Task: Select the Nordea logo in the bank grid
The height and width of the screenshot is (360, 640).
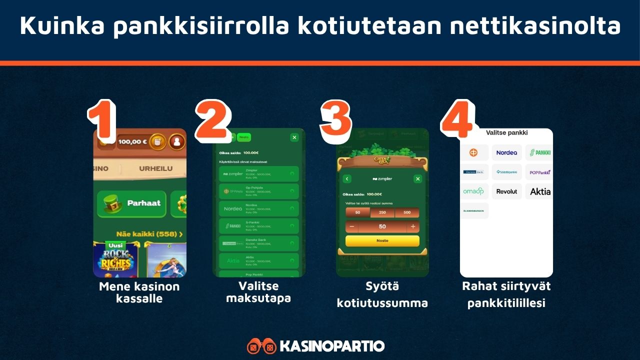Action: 506,152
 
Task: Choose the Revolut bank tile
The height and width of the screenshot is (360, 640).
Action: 506,191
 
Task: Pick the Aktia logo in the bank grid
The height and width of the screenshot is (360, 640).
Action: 539,191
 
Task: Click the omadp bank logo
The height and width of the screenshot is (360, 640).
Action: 473,191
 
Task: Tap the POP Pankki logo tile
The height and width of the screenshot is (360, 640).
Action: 539,172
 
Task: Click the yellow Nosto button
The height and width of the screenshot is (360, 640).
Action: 382,240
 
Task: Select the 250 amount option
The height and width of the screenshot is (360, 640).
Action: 382,212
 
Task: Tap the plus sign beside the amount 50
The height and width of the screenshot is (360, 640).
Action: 412,226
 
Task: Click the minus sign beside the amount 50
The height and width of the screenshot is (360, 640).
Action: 352,226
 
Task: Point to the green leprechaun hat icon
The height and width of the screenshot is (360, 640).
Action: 110,203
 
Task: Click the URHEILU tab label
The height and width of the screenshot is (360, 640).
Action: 155,168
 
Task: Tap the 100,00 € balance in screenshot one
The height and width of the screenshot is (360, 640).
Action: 132,141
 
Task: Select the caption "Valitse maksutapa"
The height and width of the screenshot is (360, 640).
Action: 258,292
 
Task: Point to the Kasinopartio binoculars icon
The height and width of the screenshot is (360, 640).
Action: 261,346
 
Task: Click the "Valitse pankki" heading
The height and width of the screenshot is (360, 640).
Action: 506,132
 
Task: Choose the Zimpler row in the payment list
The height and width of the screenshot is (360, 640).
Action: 258,174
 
